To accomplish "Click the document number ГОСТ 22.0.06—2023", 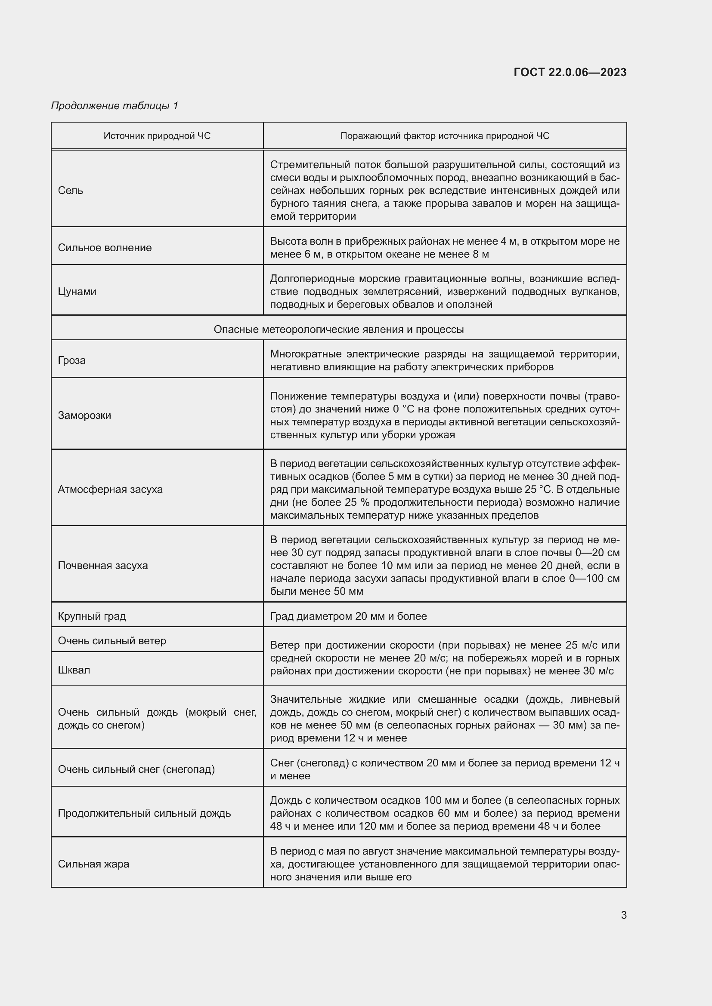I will click(x=570, y=72).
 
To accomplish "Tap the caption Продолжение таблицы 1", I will click(x=115, y=106).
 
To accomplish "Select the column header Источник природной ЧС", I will click(x=157, y=136).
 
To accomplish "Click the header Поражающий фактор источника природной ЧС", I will click(x=445, y=136).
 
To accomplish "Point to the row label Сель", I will click(x=71, y=191).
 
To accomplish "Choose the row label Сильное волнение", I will click(x=105, y=248).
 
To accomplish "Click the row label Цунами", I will click(x=77, y=291).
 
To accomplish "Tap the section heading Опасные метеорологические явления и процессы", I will click(x=338, y=329).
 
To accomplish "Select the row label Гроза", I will click(x=72, y=360).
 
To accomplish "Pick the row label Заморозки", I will click(x=85, y=415).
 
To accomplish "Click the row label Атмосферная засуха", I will click(x=110, y=489).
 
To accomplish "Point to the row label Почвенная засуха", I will click(x=103, y=565).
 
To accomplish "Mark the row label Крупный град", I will click(x=92, y=616).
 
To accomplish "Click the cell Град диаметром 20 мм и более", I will click(x=349, y=616).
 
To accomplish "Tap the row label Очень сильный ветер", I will click(x=112, y=640).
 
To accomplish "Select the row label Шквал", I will click(x=74, y=670).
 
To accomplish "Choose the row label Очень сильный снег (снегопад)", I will click(x=136, y=769).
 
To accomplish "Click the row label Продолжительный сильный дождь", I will click(x=144, y=813).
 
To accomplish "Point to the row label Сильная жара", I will click(x=93, y=864).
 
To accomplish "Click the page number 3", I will click(x=623, y=915).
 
